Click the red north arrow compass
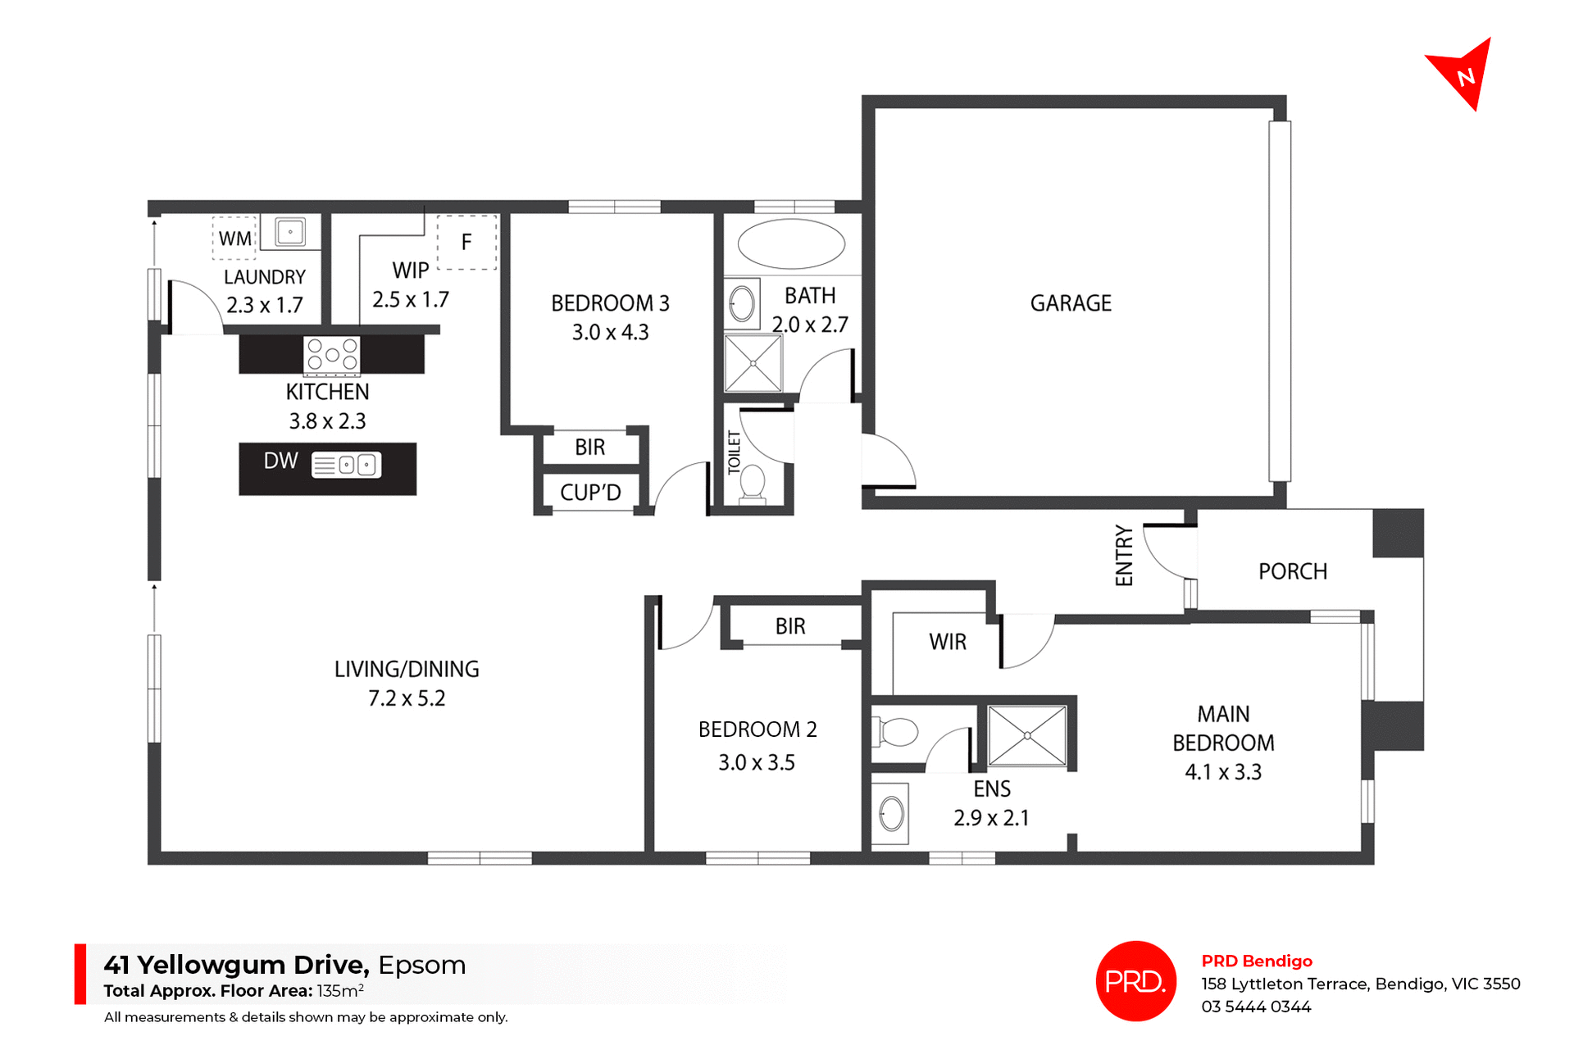[x=1463, y=74]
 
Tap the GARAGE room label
[x=1071, y=303]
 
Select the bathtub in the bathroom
[x=791, y=243]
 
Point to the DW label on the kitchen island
[x=280, y=461]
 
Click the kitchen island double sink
[x=347, y=466]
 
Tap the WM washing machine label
[x=235, y=239]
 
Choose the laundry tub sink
[x=290, y=232]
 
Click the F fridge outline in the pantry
[x=466, y=243]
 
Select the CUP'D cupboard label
[x=590, y=493]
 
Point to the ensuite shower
[x=1027, y=735]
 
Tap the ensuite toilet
[x=895, y=731]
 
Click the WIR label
[x=948, y=642]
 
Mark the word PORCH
[x=1293, y=571]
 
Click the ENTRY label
[x=1124, y=556]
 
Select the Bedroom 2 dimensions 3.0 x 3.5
[x=757, y=762]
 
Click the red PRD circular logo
[x=1135, y=981]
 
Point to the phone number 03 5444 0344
[x=1256, y=1007]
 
